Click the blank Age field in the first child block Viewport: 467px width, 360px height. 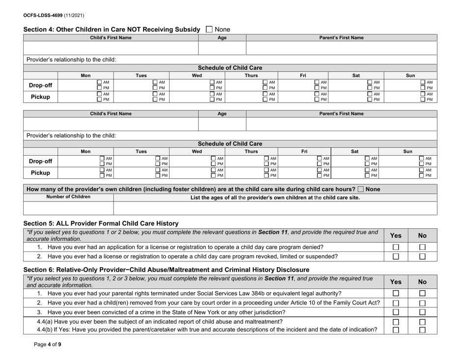(221, 48)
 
